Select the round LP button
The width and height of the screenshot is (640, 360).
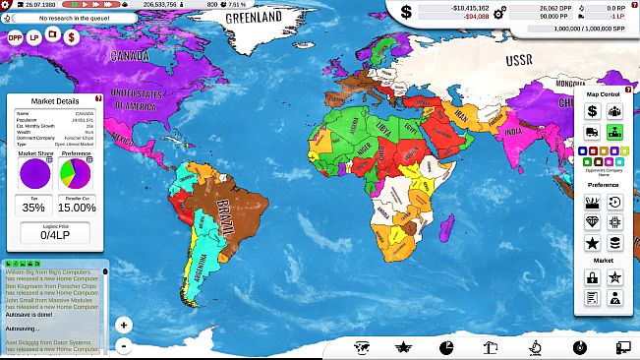33,36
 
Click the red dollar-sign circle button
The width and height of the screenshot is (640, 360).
71,36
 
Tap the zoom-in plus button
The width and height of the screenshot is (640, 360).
124,325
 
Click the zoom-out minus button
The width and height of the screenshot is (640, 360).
124,345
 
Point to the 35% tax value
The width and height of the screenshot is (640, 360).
33,208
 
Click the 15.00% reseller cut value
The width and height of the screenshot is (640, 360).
76,208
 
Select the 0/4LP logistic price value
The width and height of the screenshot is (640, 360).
54,236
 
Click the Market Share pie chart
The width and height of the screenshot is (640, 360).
33,174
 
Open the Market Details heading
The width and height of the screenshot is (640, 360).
54,101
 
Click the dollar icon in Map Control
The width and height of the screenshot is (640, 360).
592,111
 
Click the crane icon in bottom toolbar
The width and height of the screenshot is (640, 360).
488,346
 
